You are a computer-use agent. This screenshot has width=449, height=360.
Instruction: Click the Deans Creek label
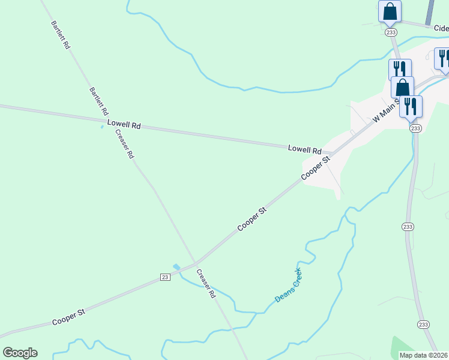(x=288, y=286)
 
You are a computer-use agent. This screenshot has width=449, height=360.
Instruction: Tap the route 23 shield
(x=165, y=277)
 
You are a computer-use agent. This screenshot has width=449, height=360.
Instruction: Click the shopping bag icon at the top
(x=390, y=11)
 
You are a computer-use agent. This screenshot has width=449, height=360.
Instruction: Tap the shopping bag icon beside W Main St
(x=402, y=87)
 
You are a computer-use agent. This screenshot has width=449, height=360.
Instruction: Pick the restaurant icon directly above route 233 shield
(x=411, y=106)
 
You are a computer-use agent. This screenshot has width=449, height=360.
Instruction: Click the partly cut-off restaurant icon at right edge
(x=443, y=59)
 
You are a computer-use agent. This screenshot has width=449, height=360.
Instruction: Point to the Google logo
(x=20, y=353)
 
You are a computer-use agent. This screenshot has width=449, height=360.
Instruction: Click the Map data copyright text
(x=424, y=355)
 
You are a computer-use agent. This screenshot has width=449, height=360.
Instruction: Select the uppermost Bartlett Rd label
(x=61, y=35)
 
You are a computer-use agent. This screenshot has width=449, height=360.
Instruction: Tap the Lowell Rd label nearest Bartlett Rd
(x=124, y=125)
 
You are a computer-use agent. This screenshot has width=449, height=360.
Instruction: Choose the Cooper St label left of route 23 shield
(x=68, y=317)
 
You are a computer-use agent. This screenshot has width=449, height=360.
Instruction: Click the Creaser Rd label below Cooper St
(x=205, y=283)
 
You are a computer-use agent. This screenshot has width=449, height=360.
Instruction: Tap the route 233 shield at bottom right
(x=423, y=324)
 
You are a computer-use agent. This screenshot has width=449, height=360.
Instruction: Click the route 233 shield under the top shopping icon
(x=391, y=32)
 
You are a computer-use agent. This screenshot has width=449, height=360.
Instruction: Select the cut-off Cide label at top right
(x=441, y=28)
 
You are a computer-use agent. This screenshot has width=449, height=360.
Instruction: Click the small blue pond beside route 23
(x=176, y=267)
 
